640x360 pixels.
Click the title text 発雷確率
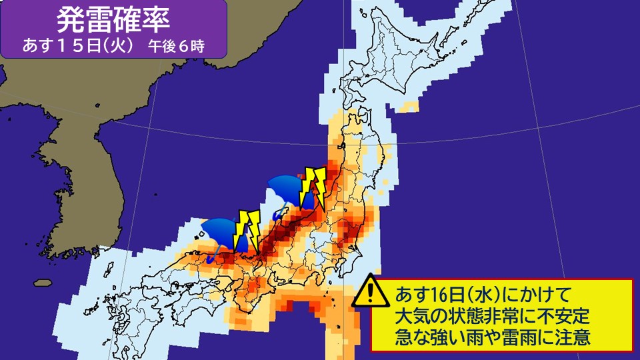[x=113, y=20]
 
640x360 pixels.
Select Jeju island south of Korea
[x=43, y=283]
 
